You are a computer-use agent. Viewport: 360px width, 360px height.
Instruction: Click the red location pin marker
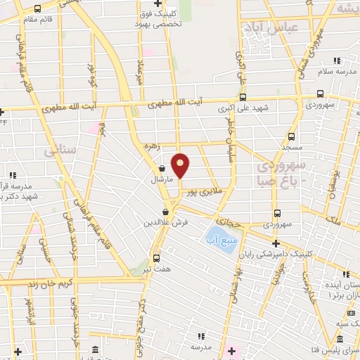point(181,165)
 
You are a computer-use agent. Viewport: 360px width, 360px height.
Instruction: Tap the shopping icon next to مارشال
point(162,168)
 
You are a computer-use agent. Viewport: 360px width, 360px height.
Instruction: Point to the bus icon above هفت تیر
point(155,257)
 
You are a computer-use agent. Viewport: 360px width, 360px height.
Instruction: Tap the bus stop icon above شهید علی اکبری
point(243,98)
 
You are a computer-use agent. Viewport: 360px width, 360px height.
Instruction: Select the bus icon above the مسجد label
point(292,137)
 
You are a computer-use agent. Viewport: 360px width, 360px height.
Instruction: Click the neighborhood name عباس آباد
point(270,27)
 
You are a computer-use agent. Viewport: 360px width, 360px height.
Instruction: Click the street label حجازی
point(231,220)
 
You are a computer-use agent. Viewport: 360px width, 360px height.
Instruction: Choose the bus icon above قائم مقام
point(37,8)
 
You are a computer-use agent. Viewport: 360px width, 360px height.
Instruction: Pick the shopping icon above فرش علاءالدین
point(166,212)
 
